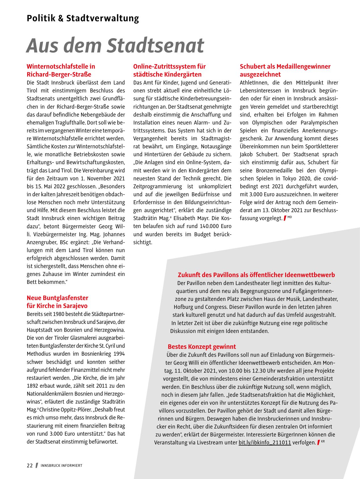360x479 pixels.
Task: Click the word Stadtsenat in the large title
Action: [x=155, y=45]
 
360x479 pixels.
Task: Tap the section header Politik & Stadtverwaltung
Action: [x=83, y=18]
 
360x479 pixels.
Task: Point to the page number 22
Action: [x=30, y=465]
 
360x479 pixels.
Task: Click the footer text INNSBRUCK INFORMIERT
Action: [x=62, y=466]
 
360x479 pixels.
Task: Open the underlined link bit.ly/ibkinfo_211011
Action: [x=265, y=442]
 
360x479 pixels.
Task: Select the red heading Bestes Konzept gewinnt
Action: [x=202, y=347]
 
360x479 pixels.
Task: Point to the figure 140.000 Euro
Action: [x=215, y=226]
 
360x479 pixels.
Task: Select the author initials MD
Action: [x=289, y=217]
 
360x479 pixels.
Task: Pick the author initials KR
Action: [x=323, y=441]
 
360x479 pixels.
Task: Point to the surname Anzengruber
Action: [x=41, y=242]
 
